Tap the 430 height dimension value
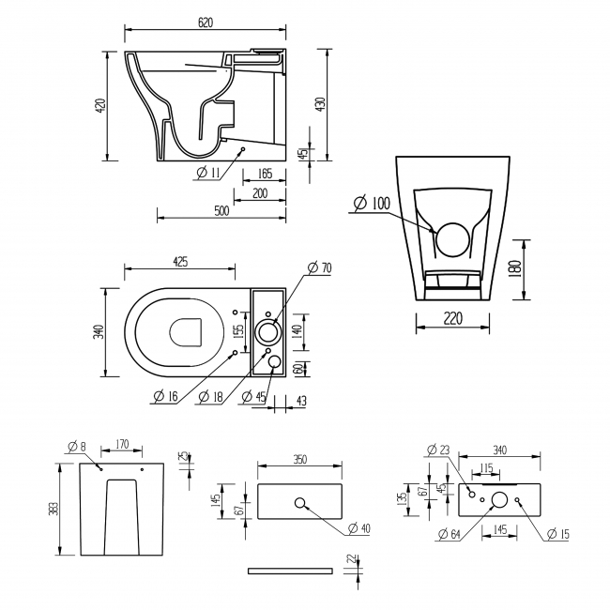(x=321, y=103)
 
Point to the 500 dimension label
(x=221, y=212)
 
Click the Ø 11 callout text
(x=209, y=172)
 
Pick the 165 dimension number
(x=264, y=174)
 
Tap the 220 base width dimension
(x=454, y=319)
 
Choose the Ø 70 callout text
(x=320, y=268)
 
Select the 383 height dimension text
(x=57, y=508)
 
